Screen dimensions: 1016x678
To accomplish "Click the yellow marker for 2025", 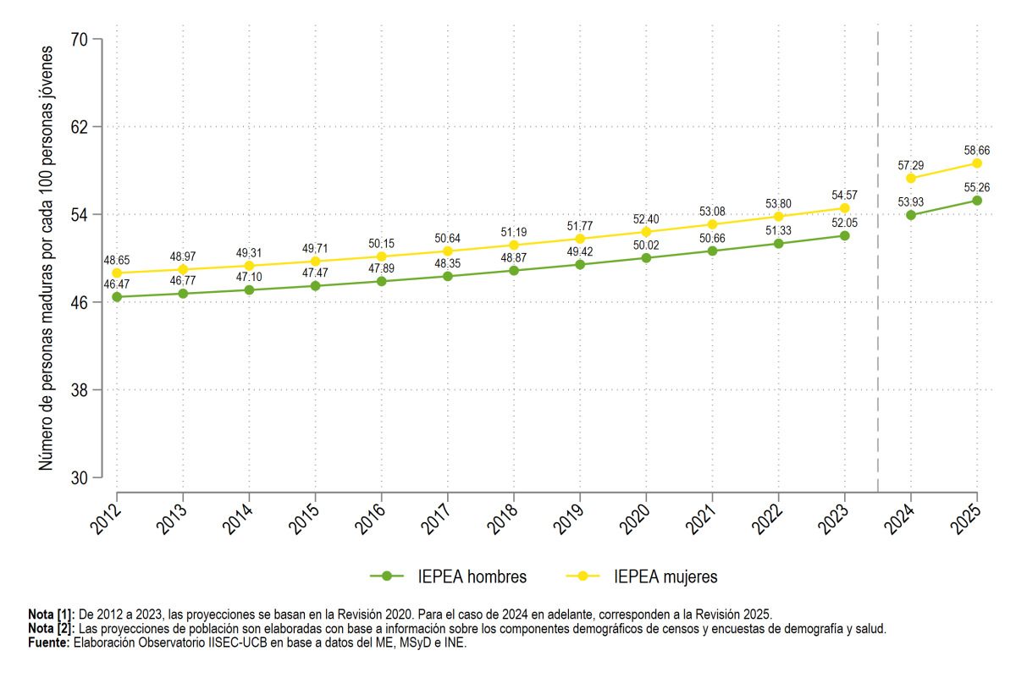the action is tap(977, 163).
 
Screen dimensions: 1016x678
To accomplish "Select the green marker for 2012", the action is tap(117, 297).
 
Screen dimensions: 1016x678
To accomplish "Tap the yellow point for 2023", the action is tap(845, 208).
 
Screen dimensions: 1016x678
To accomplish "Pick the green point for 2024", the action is tap(911, 215).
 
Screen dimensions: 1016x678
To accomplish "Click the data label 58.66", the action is tap(977, 151).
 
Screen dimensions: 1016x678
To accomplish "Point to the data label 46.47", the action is tap(117, 284).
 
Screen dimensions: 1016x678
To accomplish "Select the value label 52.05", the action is tap(845, 223).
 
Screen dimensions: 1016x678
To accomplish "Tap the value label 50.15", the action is tap(382, 244).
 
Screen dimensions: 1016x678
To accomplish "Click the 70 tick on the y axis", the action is tap(79, 40).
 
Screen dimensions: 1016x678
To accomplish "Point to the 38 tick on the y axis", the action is tap(79, 389).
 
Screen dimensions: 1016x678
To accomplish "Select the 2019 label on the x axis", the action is tap(569, 519).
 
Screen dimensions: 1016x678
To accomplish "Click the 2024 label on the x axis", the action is tap(900, 519).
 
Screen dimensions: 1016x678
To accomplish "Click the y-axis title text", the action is tap(46, 258).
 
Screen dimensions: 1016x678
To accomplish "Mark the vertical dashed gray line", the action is tap(878, 262).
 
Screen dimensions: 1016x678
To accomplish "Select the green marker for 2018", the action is tap(514, 271).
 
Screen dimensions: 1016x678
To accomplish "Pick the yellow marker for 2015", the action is tap(315, 262).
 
